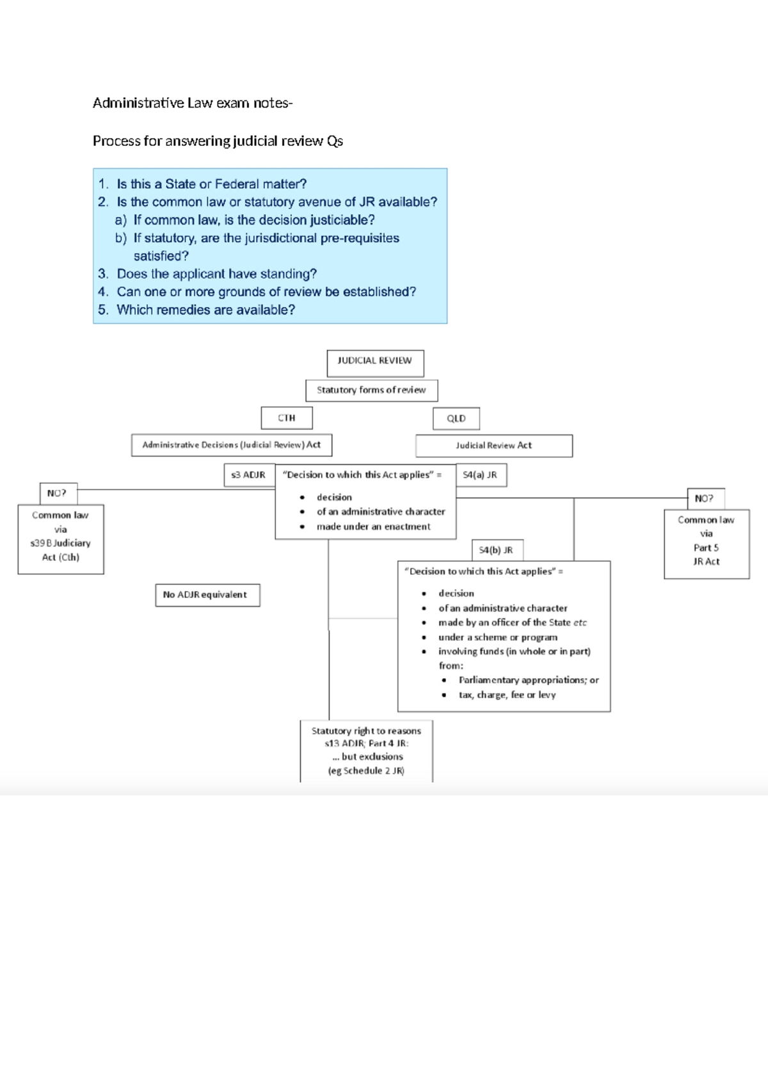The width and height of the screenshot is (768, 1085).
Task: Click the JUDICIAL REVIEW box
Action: click(375, 361)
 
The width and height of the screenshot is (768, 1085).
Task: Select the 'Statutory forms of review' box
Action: click(371, 390)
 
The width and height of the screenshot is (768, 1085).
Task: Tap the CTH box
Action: click(287, 418)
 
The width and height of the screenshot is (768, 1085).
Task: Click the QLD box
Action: click(456, 419)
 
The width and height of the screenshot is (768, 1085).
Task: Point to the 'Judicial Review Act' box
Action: click(493, 446)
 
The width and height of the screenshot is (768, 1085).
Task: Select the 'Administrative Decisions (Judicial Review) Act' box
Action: click(231, 445)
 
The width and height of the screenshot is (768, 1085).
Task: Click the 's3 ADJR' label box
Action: click(248, 475)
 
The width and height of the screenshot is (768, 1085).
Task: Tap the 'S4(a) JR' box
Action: click(481, 475)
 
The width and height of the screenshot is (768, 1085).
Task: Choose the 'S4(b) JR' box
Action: click(496, 550)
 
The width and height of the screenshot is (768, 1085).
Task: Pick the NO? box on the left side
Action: click(57, 493)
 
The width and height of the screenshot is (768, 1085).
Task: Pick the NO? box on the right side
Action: click(705, 498)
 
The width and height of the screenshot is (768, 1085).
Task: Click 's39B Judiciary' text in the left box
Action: click(61, 543)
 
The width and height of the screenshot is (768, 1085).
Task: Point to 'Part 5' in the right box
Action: click(706, 548)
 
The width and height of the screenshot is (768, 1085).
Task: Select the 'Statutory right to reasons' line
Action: click(366, 731)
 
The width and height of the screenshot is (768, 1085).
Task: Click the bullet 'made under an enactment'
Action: click(373, 527)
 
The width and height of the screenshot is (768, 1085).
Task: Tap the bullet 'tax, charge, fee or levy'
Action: click(507, 695)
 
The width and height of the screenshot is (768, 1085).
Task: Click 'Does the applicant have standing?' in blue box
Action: click(216, 274)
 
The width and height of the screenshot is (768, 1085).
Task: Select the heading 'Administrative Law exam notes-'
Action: click(192, 103)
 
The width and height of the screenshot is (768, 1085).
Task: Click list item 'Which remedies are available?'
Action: click(205, 310)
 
